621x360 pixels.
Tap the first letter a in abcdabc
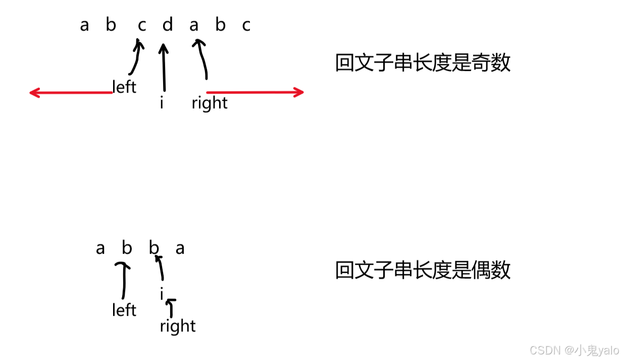pyautogui.click(x=84, y=25)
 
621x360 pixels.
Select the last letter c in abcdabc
pyautogui.click(x=246, y=25)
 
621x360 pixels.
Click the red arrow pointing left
pyautogui.click(x=71, y=92)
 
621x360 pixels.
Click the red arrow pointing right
pyautogui.click(x=255, y=92)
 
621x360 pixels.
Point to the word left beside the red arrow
pyautogui.click(x=124, y=87)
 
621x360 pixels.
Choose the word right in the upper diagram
pyautogui.click(x=210, y=103)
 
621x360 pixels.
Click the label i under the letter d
pyautogui.click(x=162, y=104)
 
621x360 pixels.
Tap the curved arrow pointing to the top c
pyautogui.click(x=136, y=58)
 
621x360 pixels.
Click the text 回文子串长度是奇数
pyautogui.click(x=423, y=64)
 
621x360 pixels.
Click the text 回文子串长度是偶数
pyautogui.click(x=423, y=271)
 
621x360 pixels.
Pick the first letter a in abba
pyautogui.click(x=100, y=248)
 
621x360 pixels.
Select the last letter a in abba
pyautogui.click(x=180, y=248)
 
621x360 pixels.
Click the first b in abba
pyautogui.click(x=127, y=248)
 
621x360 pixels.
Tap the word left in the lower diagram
pyautogui.click(x=124, y=310)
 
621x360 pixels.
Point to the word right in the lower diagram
pyautogui.click(x=178, y=326)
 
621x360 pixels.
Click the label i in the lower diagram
pyautogui.click(x=162, y=294)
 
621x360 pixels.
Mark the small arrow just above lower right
pyautogui.click(x=172, y=307)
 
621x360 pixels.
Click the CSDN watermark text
pyautogui.click(x=574, y=350)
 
